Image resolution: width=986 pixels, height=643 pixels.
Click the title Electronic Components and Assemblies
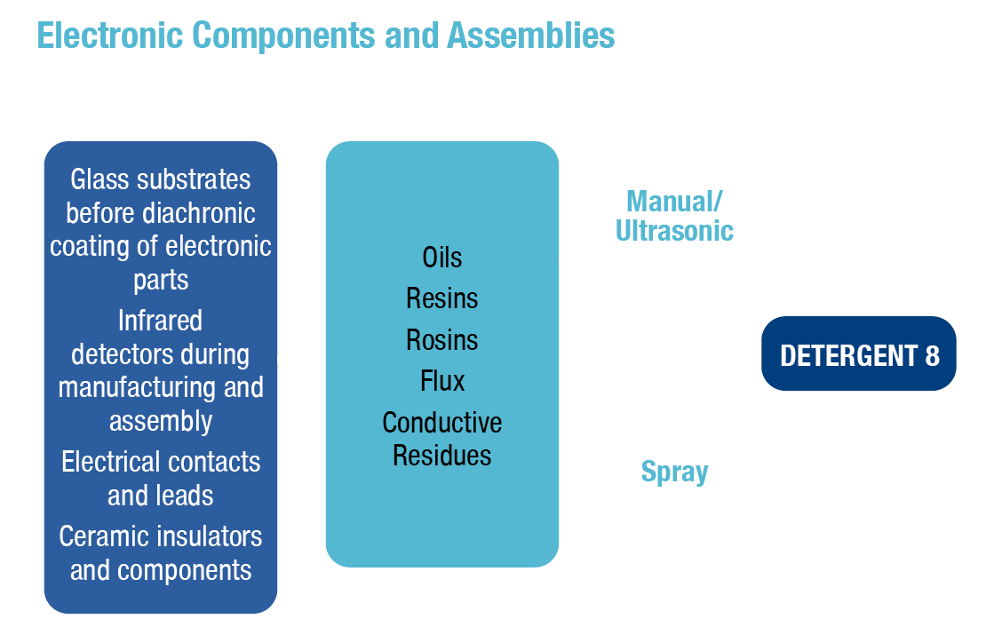(325, 36)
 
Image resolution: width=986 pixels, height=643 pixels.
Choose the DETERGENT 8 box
(859, 355)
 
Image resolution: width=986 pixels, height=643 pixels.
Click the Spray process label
(674, 472)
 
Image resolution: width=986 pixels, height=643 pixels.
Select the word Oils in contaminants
(442, 258)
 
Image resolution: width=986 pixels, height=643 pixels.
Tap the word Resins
(442, 298)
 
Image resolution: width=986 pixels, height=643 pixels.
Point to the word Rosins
(442, 340)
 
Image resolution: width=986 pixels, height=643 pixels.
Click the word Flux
(442, 381)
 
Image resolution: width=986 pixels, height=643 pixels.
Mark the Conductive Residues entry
(442, 439)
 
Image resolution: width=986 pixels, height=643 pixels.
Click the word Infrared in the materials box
(160, 320)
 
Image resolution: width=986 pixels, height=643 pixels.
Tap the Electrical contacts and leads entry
(161, 478)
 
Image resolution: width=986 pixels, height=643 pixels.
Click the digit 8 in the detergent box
(931, 356)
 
